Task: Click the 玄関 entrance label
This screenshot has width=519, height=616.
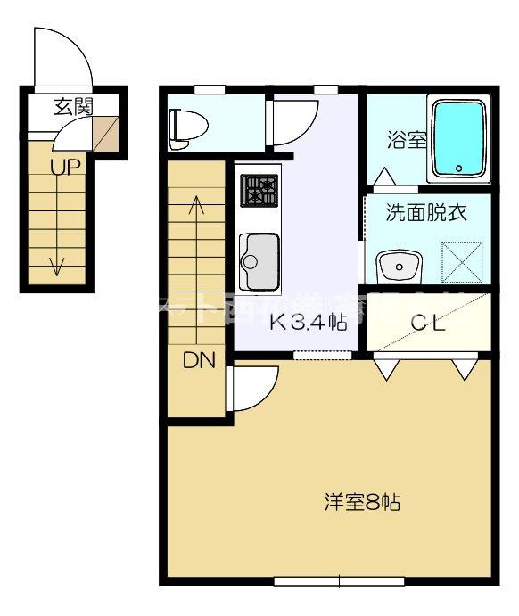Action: click(x=72, y=107)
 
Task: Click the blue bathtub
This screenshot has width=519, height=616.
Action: click(x=459, y=138)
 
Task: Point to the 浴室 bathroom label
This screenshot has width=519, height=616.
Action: click(x=405, y=141)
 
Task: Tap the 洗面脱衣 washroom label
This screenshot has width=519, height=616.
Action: click(x=425, y=213)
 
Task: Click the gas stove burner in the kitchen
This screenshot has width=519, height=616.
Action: click(x=259, y=190)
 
